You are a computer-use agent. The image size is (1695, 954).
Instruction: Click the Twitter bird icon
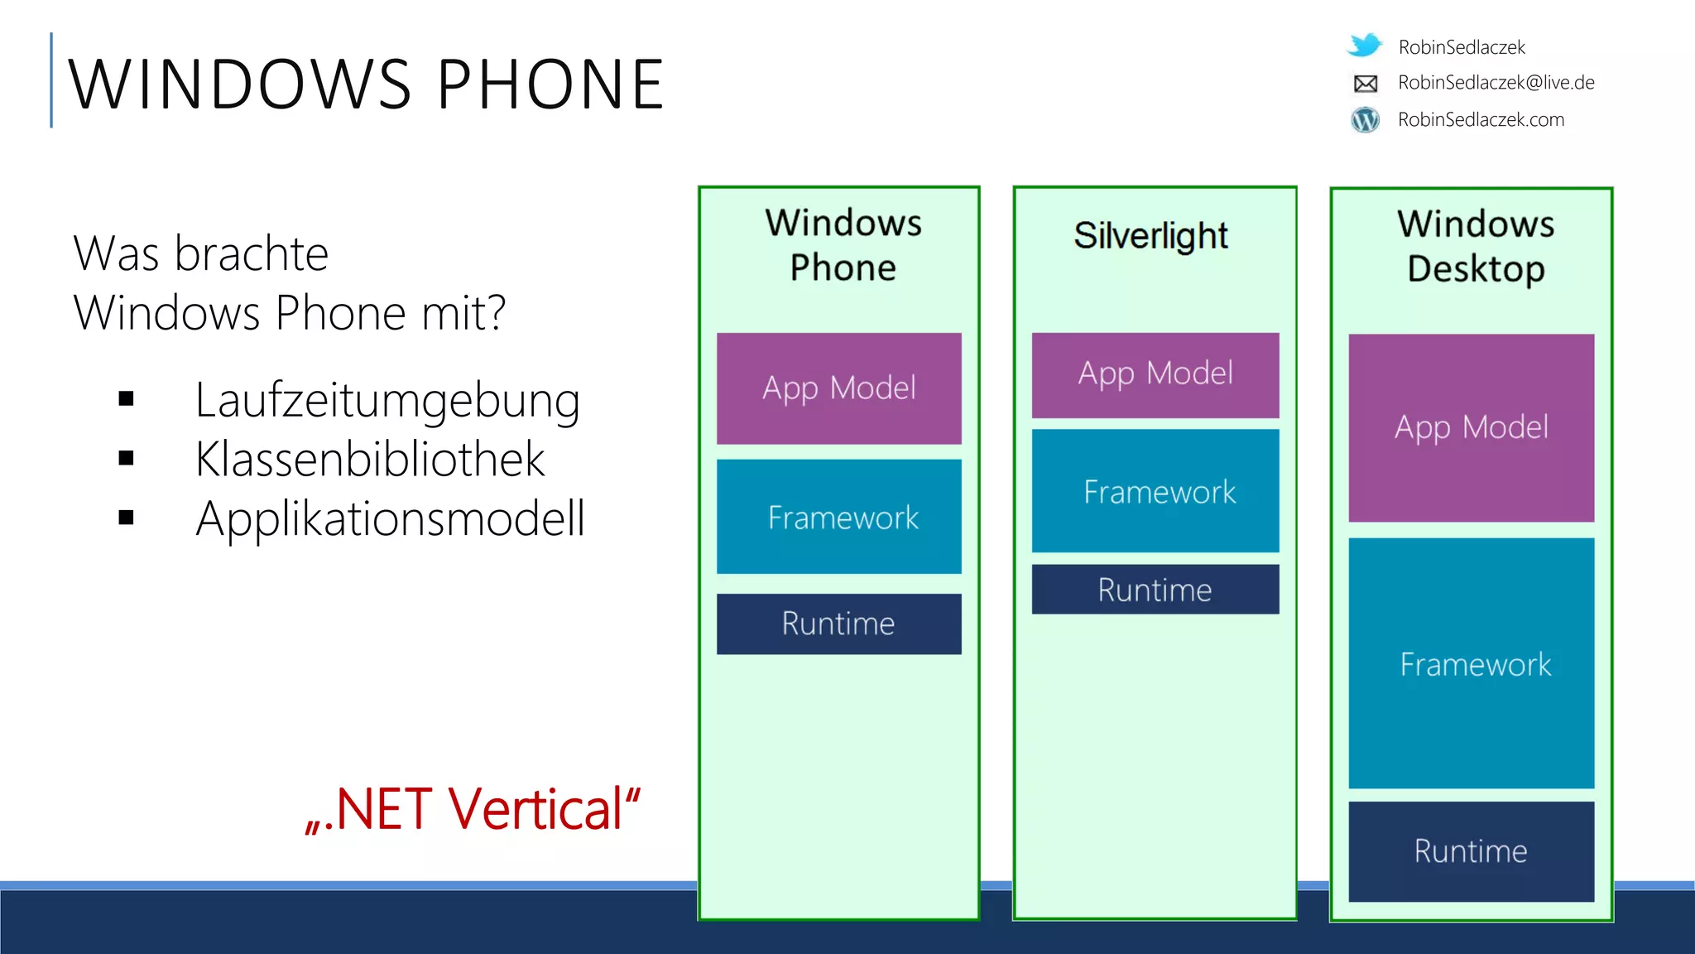click(1365, 45)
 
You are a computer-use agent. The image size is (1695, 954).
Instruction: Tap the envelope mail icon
click(1366, 83)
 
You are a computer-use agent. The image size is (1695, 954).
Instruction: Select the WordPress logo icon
click(1366, 120)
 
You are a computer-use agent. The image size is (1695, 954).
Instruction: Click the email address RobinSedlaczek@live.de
click(1496, 83)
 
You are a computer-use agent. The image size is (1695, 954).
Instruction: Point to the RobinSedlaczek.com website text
click(1481, 120)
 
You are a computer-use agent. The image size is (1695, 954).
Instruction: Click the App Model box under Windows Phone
click(838, 388)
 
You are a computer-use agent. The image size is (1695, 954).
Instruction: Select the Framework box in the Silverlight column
click(1155, 491)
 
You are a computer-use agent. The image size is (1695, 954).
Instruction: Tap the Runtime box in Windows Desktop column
click(1471, 851)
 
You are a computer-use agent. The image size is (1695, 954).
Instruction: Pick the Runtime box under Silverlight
click(1155, 590)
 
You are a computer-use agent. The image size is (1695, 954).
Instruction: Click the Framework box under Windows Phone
click(838, 517)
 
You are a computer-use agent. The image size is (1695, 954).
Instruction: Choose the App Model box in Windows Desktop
click(1471, 427)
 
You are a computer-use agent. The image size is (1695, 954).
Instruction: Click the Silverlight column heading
click(1151, 236)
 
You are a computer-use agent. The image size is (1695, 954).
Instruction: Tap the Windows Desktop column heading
click(1476, 246)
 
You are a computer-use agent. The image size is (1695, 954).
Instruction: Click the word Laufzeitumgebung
click(387, 401)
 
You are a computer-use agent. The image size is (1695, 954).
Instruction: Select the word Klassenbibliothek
click(370, 460)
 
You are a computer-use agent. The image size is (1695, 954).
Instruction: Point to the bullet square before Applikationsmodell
click(126, 518)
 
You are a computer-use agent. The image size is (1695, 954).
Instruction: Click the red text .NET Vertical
click(473, 809)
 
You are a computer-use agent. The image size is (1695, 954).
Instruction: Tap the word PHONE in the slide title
click(550, 84)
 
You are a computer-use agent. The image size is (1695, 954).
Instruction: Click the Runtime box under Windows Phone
click(838, 624)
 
